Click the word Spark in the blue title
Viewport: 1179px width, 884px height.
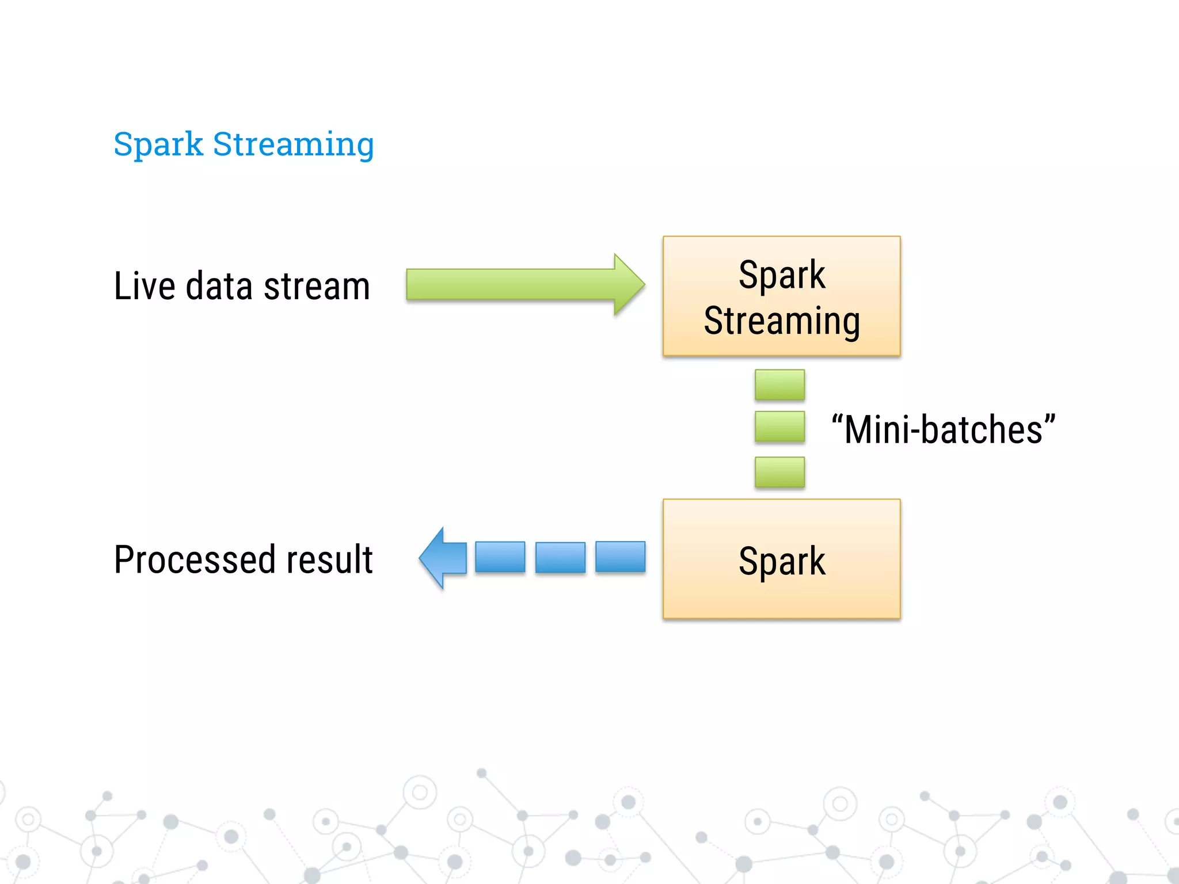[158, 144]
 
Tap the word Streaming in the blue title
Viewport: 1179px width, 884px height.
[293, 144]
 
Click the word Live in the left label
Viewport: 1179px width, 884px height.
[144, 286]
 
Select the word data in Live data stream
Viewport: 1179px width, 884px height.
[219, 286]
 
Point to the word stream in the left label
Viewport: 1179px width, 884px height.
[316, 286]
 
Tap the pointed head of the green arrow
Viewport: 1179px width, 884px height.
[629, 284]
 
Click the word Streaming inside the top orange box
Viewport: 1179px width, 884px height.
[781, 321]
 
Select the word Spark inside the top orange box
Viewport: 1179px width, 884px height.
[781, 275]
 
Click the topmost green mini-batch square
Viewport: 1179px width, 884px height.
[779, 384]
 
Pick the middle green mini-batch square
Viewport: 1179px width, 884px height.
[779, 427]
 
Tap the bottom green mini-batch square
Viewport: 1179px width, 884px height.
[779, 472]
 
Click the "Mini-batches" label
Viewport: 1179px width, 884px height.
[943, 429]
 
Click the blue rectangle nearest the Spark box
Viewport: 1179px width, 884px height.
[620, 557]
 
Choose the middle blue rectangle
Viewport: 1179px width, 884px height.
[560, 557]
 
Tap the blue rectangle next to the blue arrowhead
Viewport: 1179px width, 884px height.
[500, 557]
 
